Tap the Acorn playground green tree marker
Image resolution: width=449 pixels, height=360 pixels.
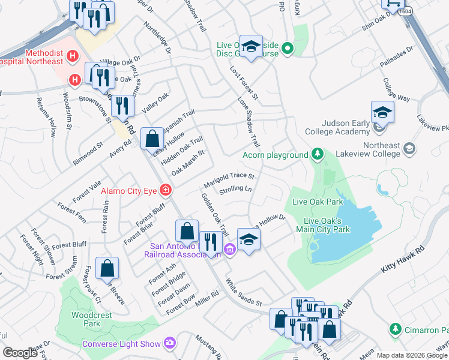[x=318, y=155]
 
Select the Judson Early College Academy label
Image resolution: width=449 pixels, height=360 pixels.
[x=337, y=127]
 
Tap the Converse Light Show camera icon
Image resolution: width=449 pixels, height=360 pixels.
[x=170, y=343]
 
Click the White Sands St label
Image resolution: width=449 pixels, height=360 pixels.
[x=244, y=292]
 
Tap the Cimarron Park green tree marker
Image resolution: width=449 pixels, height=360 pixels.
[x=395, y=329]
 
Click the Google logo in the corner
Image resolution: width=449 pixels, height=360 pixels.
[x=20, y=353]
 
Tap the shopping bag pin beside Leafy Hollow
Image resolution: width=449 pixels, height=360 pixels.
[x=152, y=138]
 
